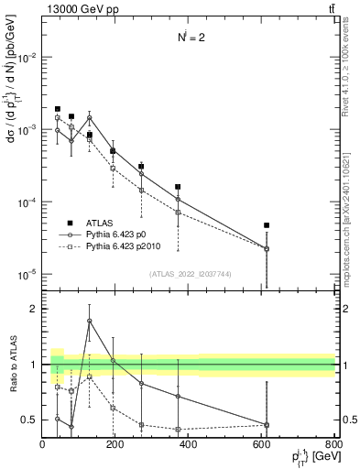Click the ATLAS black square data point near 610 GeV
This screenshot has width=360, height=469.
coord(267,225)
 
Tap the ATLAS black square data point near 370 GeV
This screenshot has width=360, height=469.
coord(178,187)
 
